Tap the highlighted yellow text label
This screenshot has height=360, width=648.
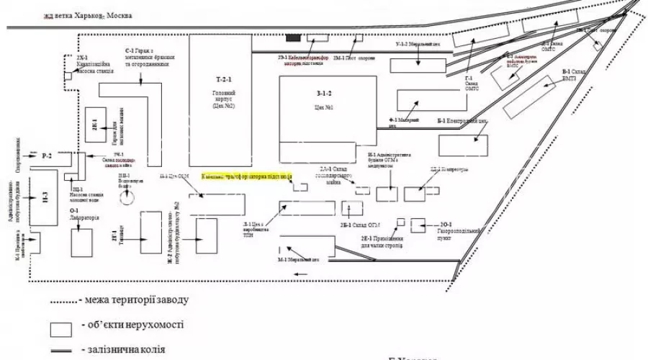tap(236, 175)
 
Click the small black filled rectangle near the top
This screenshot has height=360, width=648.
tap(293, 37)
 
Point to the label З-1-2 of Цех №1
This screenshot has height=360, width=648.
tap(323, 94)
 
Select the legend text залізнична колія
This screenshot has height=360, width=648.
tap(127, 350)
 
